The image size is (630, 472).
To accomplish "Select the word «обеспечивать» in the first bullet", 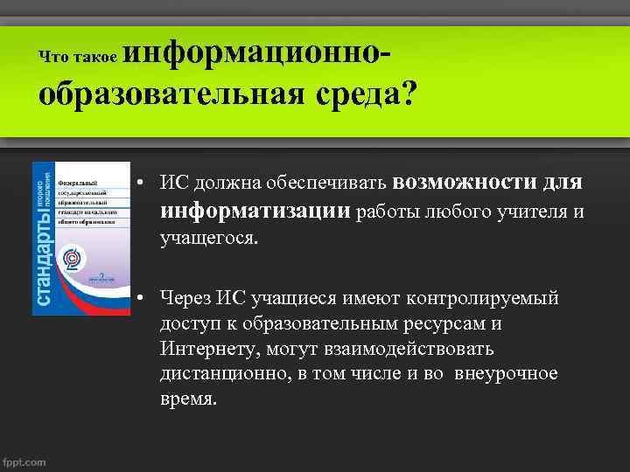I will [x=335, y=184].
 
